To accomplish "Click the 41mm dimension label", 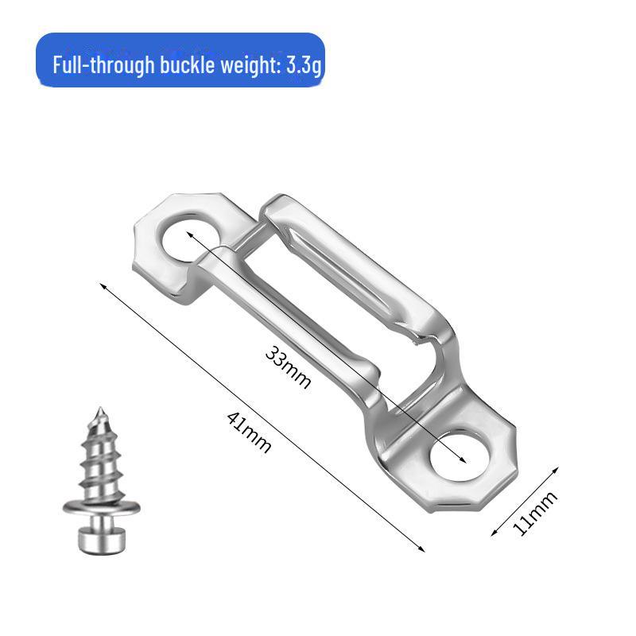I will (249, 431).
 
